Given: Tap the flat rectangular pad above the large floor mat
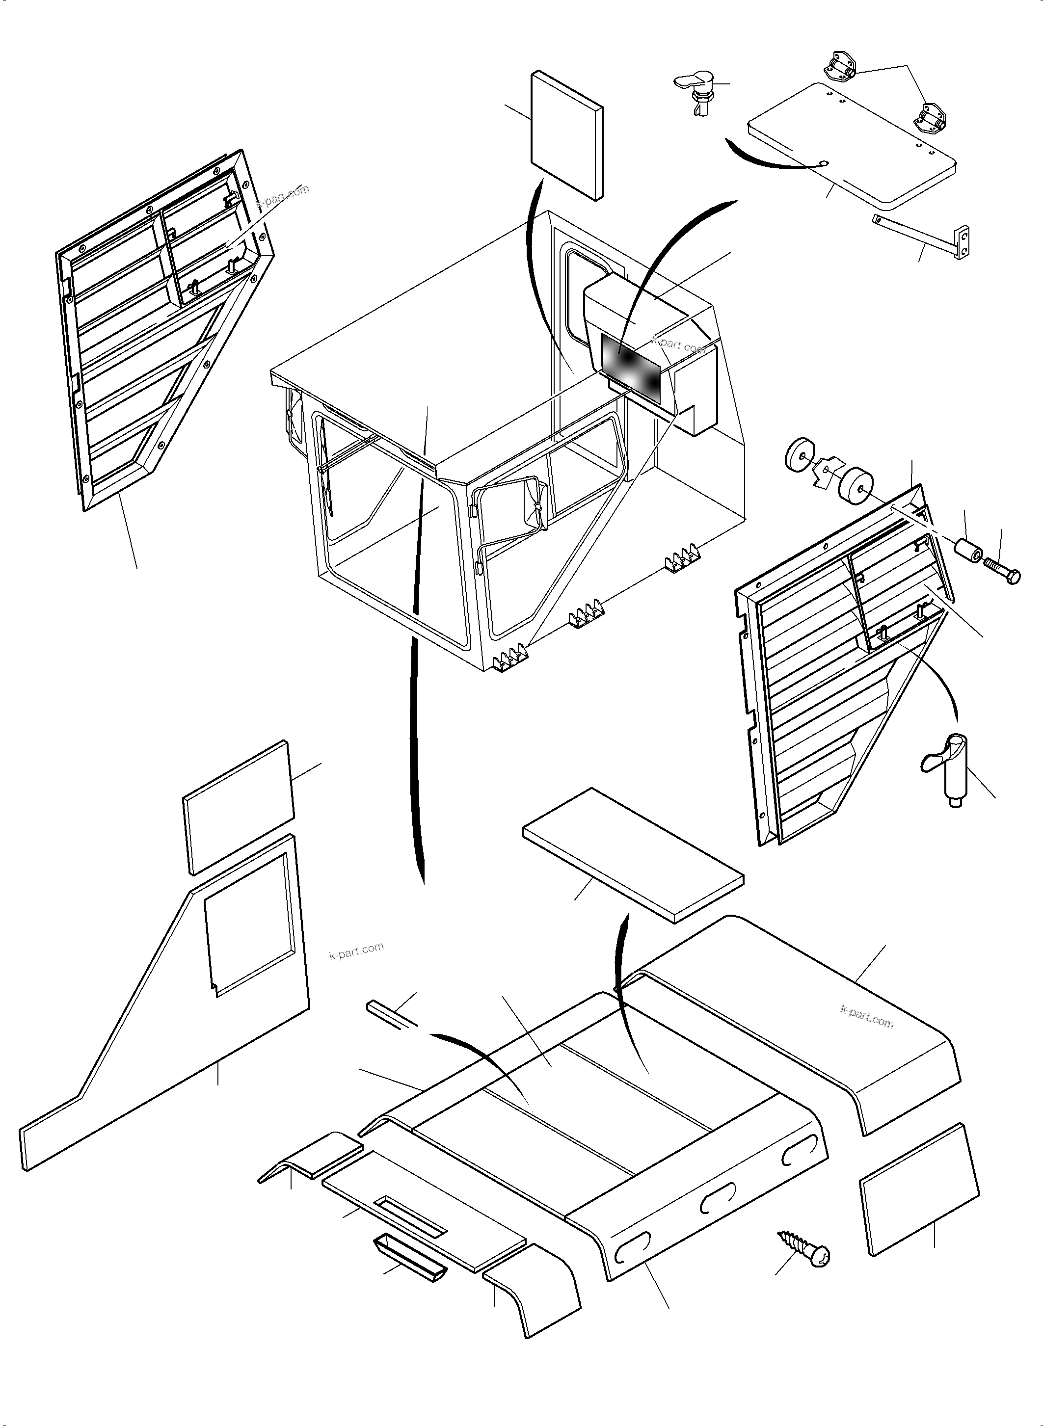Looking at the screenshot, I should (x=633, y=855).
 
